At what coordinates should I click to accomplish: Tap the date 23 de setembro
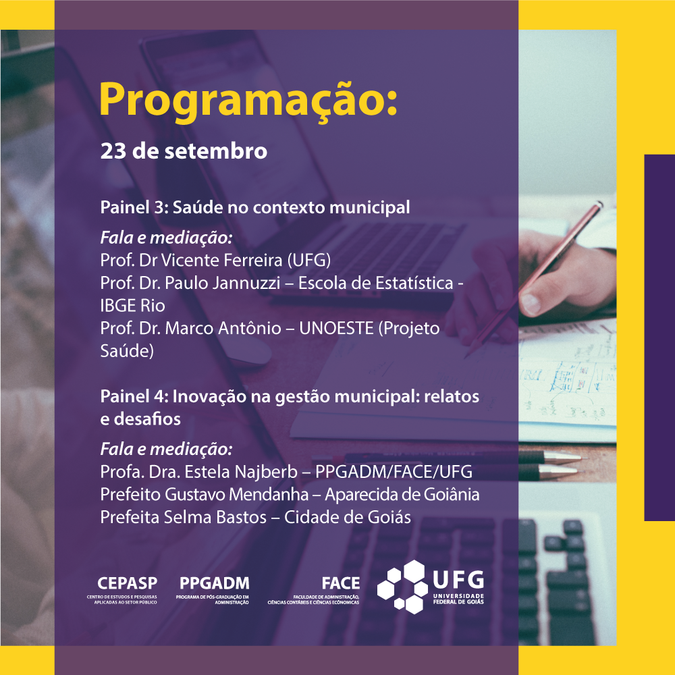[184, 151]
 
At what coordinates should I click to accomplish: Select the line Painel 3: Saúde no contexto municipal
[255, 207]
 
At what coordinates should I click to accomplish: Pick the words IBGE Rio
[132, 306]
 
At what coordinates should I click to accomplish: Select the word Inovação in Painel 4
[196, 397]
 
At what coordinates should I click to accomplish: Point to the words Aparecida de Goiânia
[402, 495]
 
